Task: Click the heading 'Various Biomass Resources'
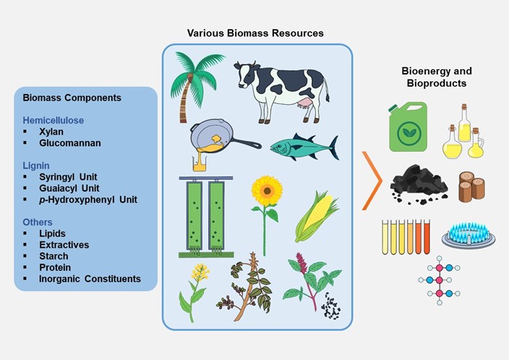tap(255, 33)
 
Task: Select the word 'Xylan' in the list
tap(51, 132)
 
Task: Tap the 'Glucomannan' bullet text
tap(70, 143)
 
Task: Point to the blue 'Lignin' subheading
tap(36, 166)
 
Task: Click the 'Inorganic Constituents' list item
tap(90, 279)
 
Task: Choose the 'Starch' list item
tap(54, 256)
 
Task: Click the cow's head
tap(246, 74)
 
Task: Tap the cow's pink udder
tap(304, 104)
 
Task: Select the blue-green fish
tap(304, 147)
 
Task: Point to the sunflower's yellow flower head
tap(267, 191)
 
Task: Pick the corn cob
tap(317, 217)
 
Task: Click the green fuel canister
tap(408, 127)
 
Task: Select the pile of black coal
tap(419, 184)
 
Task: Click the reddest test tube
tap(427, 236)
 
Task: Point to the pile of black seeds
tap(330, 306)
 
